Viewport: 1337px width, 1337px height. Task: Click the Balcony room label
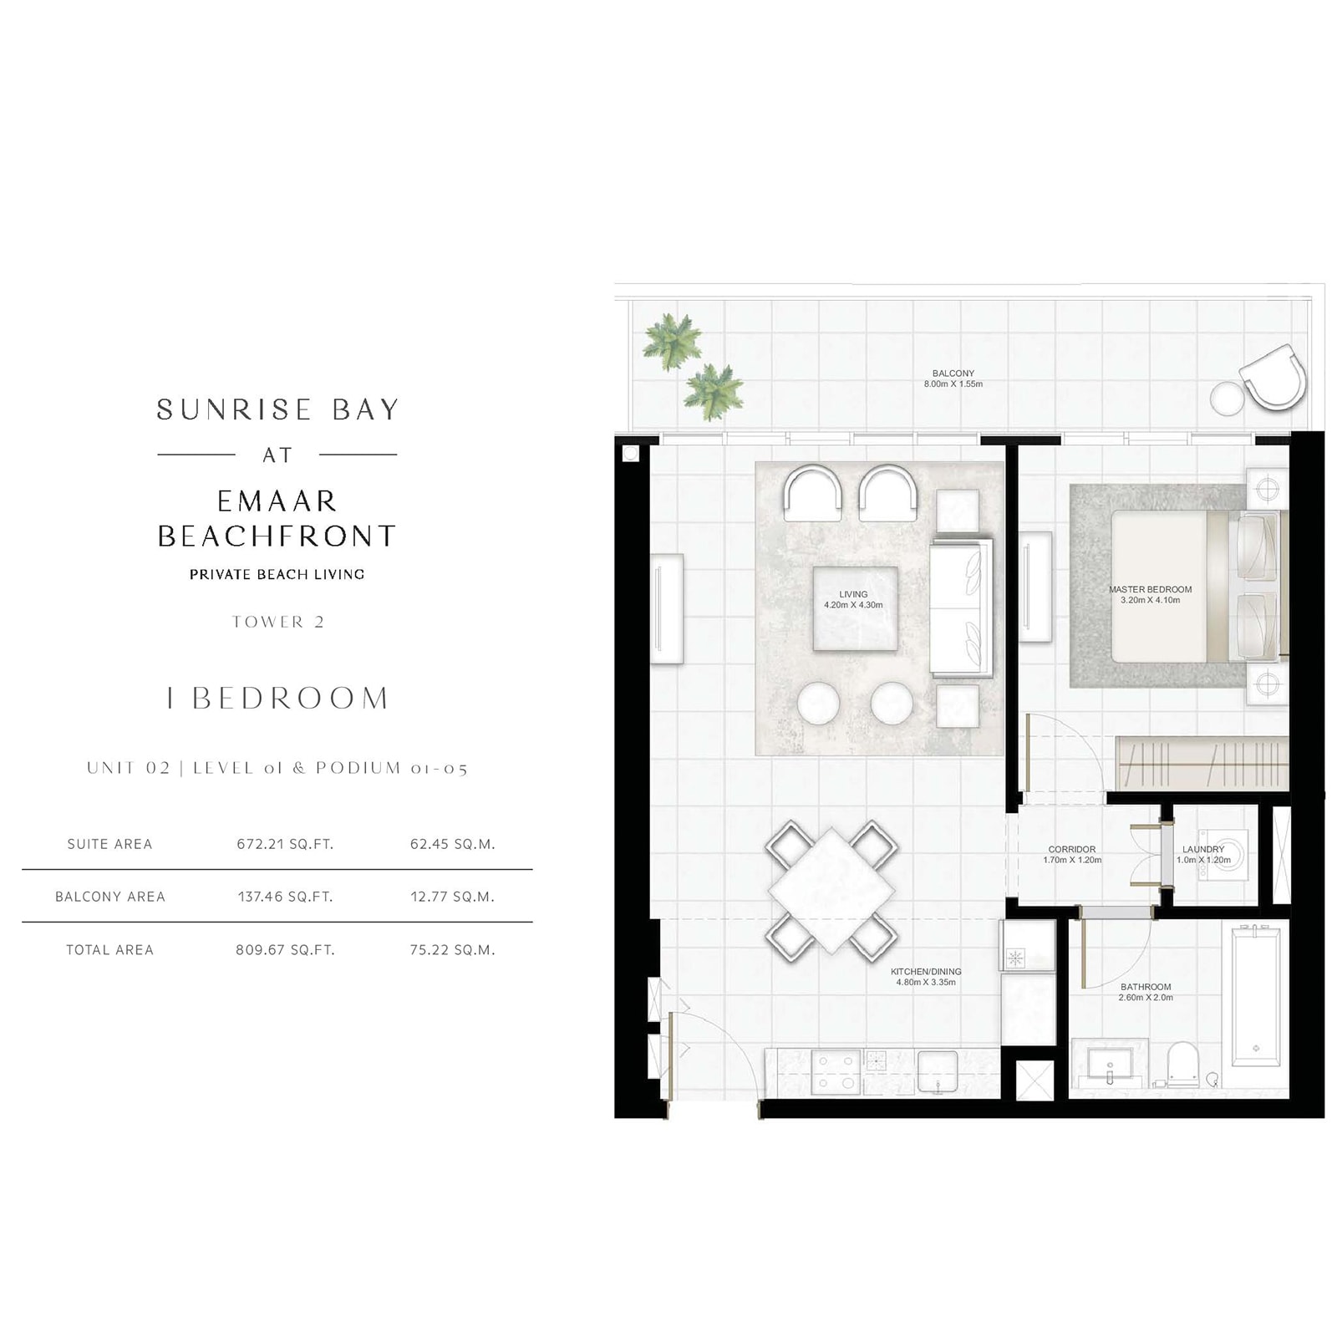point(953,374)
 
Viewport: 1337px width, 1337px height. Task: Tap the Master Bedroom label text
point(1150,589)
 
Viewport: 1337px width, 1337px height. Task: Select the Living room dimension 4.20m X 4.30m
point(853,605)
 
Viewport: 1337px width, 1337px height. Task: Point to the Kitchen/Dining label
point(926,972)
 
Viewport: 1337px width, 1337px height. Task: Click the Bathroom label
point(1146,987)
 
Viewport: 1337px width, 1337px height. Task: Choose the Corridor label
point(1072,849)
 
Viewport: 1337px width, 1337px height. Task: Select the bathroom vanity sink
point(1110,1066)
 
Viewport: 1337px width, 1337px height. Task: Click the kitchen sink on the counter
point(938,1071)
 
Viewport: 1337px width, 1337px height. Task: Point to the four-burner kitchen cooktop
point(836,1071)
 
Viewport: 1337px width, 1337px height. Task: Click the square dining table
point(832,888)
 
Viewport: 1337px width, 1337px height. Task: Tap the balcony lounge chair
point(1272,375)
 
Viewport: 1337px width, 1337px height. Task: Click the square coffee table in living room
point(855,608)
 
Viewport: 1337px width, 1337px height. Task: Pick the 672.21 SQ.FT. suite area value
point(285,844)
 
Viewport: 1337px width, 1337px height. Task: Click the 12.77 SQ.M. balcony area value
point(452,897)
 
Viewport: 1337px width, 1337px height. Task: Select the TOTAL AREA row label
point(109,950)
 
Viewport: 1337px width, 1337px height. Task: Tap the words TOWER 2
point(277,622)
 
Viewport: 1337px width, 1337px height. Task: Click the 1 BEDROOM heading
point(277,698)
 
